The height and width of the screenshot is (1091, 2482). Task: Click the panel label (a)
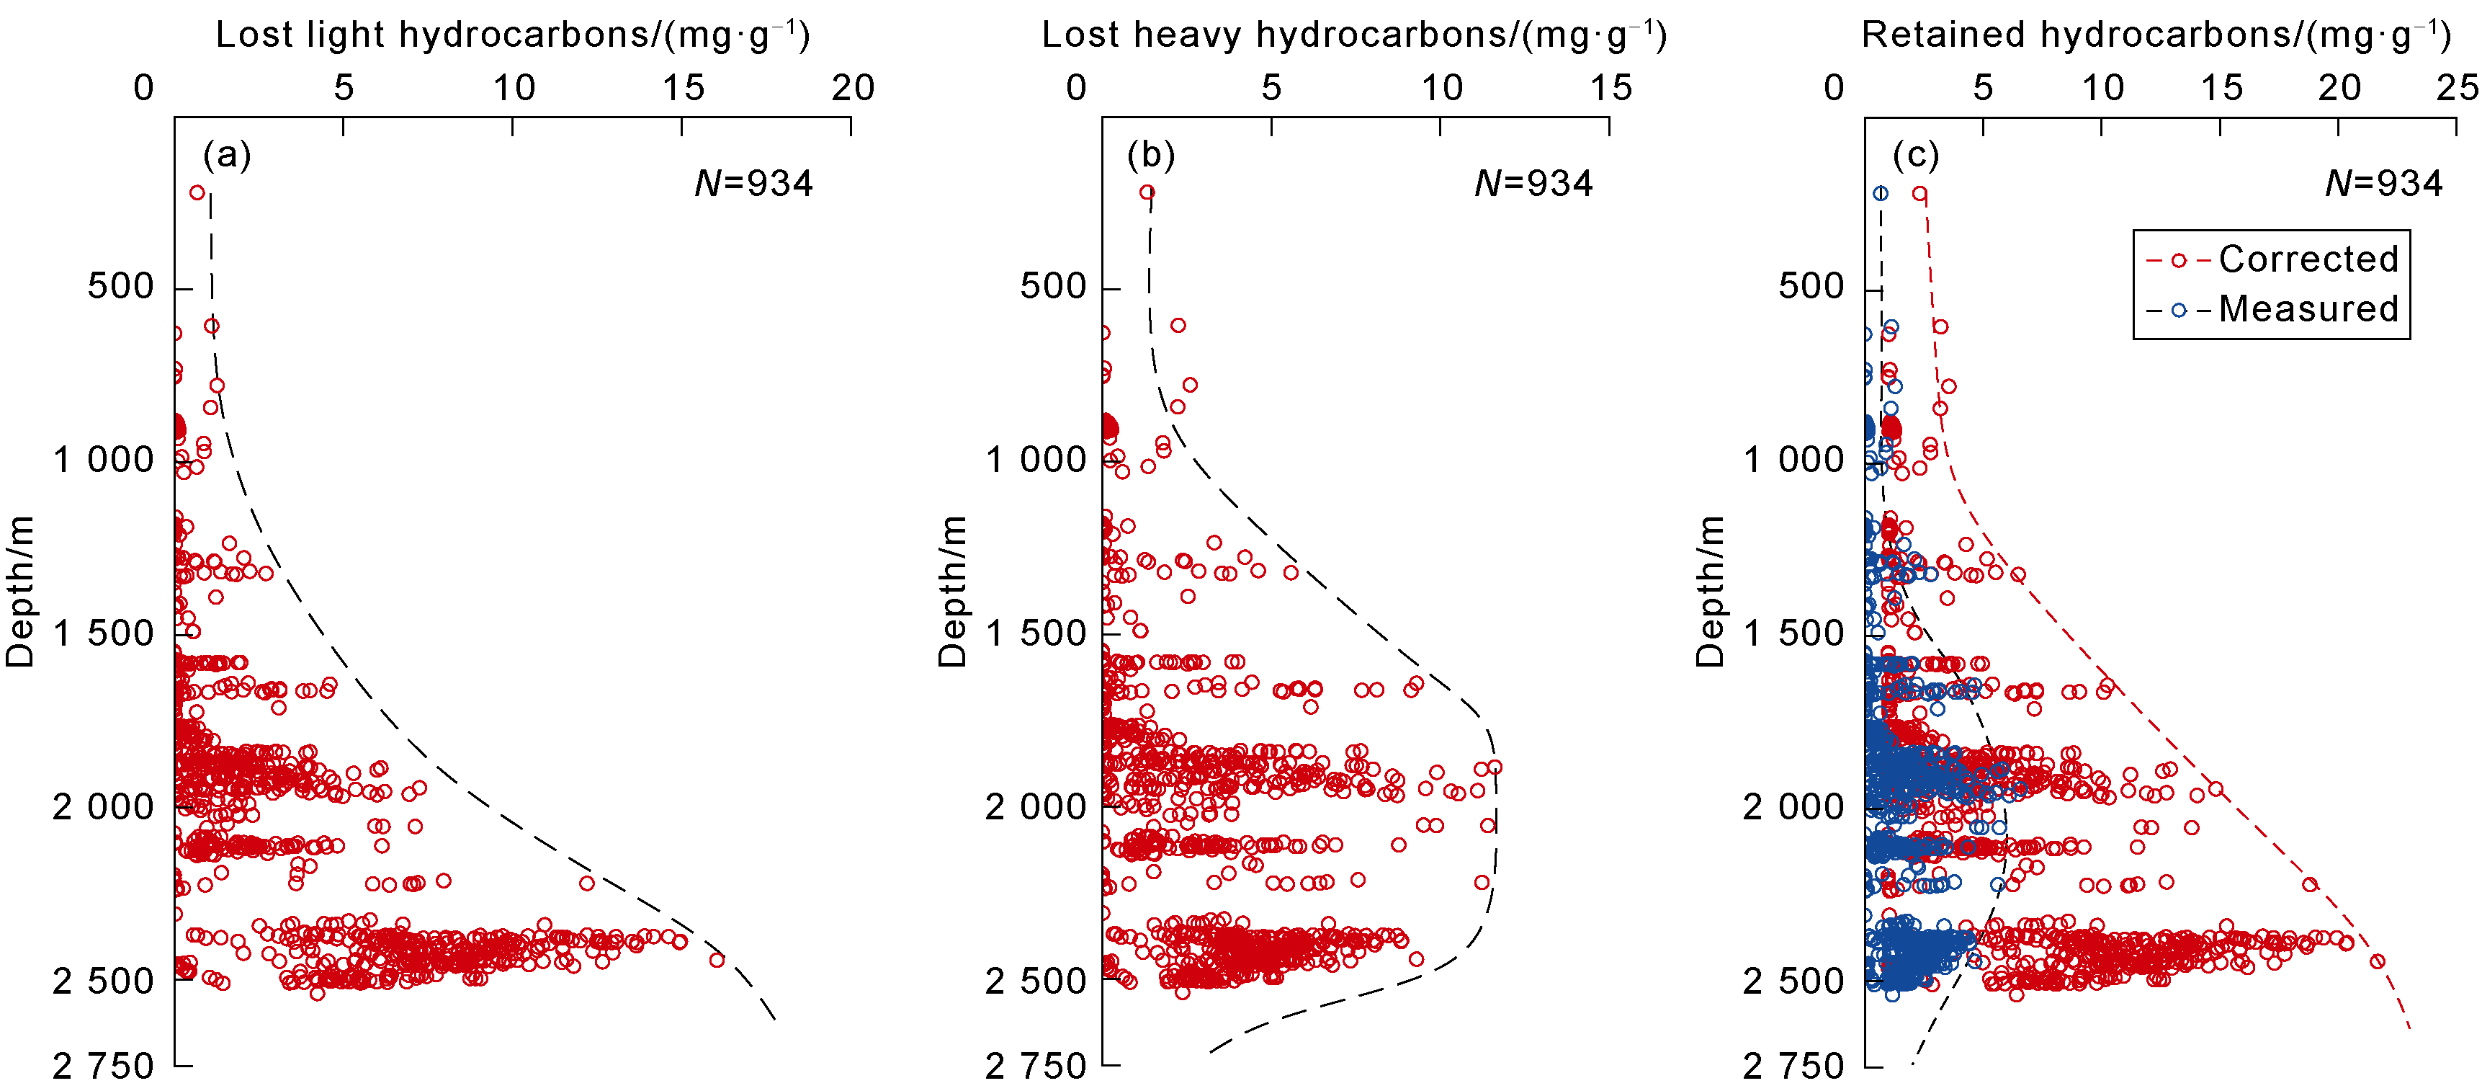(x=226, y=155)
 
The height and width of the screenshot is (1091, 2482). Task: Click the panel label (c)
(x=1915, y=155)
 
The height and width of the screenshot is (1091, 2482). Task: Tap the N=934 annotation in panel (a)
(x=753, y=183)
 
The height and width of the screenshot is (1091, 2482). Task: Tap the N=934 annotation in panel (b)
(x=1534, y=183)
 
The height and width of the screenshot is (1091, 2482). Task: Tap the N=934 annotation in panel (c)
(x=2384, y=183)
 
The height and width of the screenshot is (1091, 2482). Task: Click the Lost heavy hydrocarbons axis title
(x=1354, y=35)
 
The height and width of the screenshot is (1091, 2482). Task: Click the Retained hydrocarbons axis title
(x=2156, y=35)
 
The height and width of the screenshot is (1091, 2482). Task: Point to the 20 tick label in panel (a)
(x=853, y=89)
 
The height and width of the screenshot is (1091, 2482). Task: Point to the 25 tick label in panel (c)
(x=2457, y=89)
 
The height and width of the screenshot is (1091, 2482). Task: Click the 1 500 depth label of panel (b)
(x=1036, y=634)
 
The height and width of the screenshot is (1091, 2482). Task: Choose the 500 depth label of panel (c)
(x=1811, y=288)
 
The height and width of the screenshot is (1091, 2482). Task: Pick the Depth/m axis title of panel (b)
(x=952, y=592)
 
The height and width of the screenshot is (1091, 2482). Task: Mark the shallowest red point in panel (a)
(x=197, y=192)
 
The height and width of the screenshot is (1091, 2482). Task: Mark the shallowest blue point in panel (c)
(x=1880, y=194)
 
